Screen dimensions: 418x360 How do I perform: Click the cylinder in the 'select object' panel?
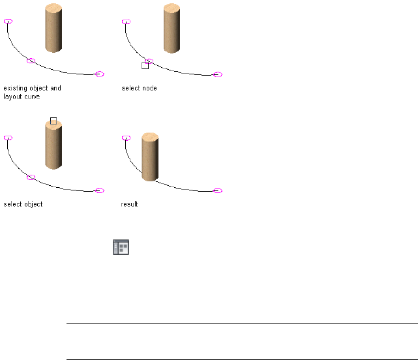pos(53,147)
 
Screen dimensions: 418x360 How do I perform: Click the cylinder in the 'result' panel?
pos(149,157)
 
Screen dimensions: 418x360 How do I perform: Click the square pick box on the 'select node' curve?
pos(145,65)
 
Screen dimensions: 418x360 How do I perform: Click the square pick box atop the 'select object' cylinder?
pos(53,121)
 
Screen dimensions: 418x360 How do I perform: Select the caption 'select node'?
pos(139,88)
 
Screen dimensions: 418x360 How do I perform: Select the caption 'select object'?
pos(23,204)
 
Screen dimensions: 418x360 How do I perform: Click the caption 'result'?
pos(129,204)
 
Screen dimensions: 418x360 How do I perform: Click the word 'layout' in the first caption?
pos(12,97)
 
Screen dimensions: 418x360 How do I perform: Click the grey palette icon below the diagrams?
pos(121,247)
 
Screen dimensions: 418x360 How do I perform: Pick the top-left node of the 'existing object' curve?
pos(8,21)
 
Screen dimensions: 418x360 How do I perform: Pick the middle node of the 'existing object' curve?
pos(31,61)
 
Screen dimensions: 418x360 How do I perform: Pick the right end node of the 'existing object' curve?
pos(100,74)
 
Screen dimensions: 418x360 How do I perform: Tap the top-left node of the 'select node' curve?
pos(126,22)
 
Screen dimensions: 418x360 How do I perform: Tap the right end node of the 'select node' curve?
pos(218,74)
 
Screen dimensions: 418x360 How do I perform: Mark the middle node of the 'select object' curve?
pos(31,177)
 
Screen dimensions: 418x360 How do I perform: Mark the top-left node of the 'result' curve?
pos(126,138)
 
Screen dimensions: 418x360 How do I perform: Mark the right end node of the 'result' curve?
pos(218,190)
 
